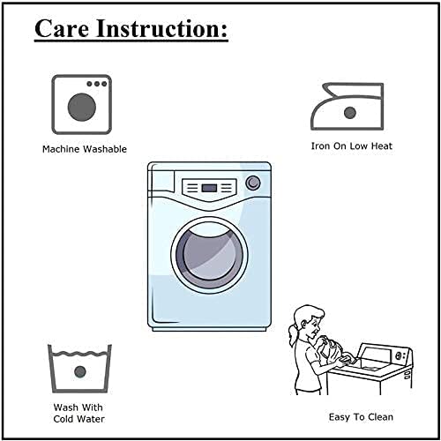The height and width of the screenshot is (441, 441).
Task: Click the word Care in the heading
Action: pos(62,28)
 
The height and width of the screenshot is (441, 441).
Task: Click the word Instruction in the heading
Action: pos(157,28)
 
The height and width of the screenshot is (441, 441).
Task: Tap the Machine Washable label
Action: pos(85,149)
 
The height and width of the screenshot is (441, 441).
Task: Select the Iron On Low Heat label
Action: pos(352,146)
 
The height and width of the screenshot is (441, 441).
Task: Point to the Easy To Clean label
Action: pos(361,417)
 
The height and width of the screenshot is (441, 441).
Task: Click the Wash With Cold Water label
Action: pos(78,413)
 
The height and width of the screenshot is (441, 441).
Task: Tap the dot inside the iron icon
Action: pos(350,113)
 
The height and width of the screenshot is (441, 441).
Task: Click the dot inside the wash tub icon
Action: pos(80,372)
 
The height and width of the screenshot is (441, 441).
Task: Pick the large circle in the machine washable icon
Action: pos(82,107)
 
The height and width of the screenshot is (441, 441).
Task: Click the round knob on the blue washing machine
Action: pos(253,183)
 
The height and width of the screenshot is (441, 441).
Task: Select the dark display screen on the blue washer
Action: pos(209,188)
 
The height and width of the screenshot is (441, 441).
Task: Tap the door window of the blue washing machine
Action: pos(209,253)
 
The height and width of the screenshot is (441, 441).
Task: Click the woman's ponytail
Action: pos(294,334)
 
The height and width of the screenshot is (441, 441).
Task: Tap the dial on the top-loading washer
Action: pos(400,355)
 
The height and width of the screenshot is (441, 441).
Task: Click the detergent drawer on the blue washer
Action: pos(161,182)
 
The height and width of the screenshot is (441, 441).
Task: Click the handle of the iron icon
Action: pos(353,90)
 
